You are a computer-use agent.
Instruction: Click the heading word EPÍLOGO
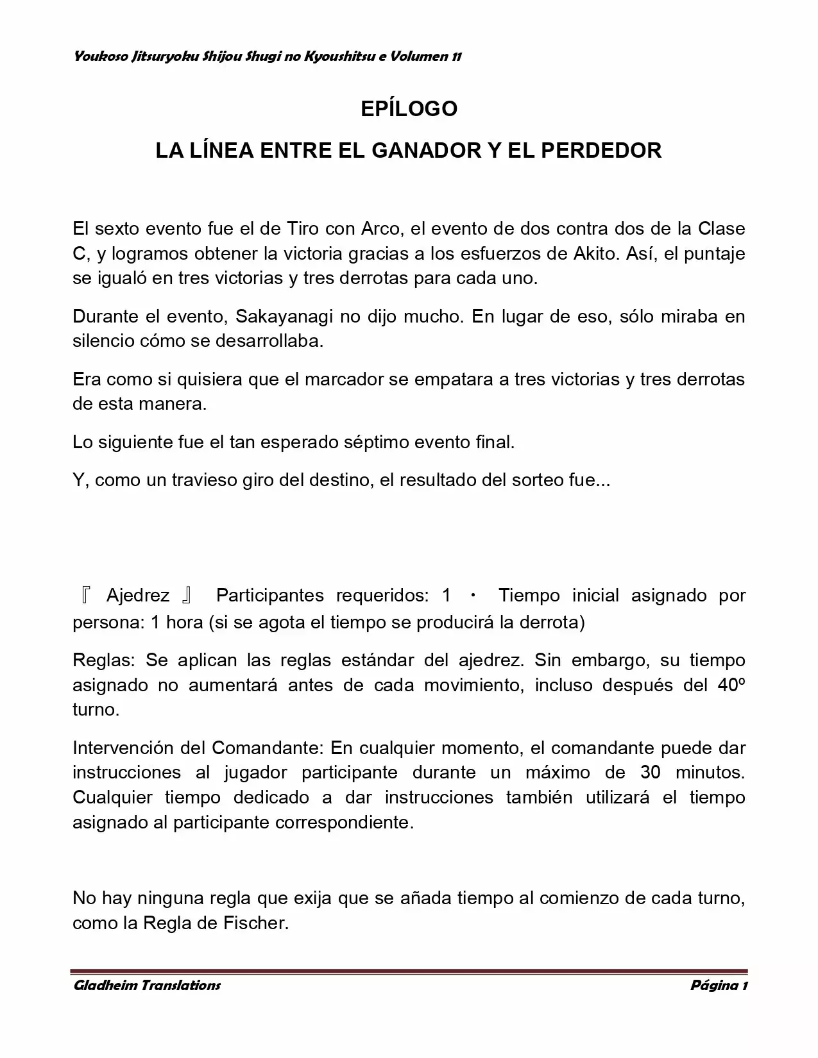[409, 108]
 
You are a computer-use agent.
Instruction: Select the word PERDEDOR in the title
[601, 151]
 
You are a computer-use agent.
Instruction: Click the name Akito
[594, 253]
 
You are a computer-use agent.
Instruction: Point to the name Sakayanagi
[282, 316]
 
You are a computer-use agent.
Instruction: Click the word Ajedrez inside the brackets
[138, 596]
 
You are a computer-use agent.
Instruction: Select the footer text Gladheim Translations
[147, 985]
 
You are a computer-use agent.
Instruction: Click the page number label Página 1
[719, 985]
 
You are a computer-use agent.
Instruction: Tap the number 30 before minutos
[651, 772]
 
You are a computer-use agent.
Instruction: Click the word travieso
[203, 480]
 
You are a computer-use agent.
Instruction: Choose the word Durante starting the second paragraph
[107, 316]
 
